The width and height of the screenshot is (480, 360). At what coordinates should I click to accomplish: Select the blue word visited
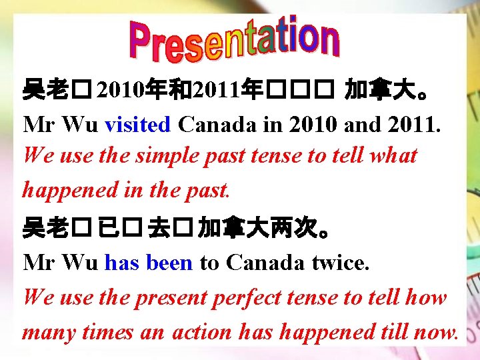pos(138,124)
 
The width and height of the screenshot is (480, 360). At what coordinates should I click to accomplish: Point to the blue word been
pos(169,263)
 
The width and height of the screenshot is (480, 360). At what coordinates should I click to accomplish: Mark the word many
pos(44,331)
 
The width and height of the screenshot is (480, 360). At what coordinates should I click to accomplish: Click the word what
pos(393,156)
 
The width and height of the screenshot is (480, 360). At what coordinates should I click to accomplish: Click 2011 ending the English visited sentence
pos(414,124)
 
